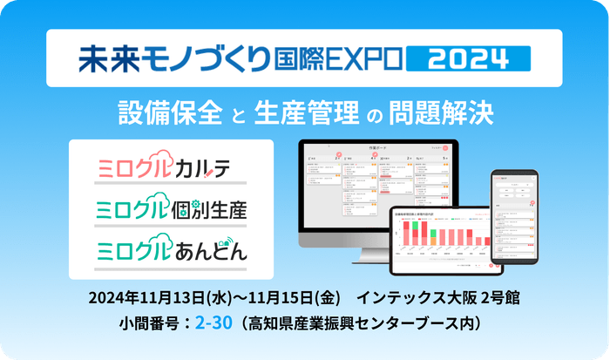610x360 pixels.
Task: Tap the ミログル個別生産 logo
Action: pos(171,208)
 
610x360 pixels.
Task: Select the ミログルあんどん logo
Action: pos(171,250)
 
